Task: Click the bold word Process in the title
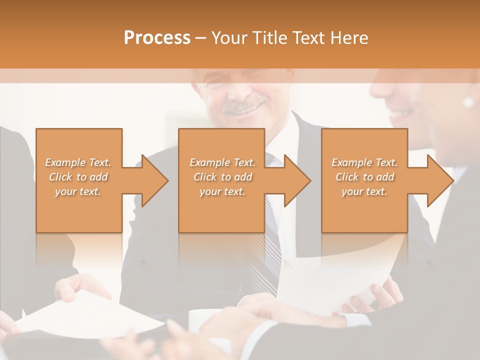coord(157,38)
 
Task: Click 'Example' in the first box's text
coord(65,162)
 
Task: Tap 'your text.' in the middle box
coord(222,191)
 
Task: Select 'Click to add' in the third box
coord(365,177)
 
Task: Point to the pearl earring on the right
coord(468,102)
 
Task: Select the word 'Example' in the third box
coord(351,162)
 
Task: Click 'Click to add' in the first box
coord(78,177)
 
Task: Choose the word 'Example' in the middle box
coord(209,162)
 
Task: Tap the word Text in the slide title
coord(307,38)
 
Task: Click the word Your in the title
coord(228,38)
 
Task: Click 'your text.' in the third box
coord(364,191)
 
